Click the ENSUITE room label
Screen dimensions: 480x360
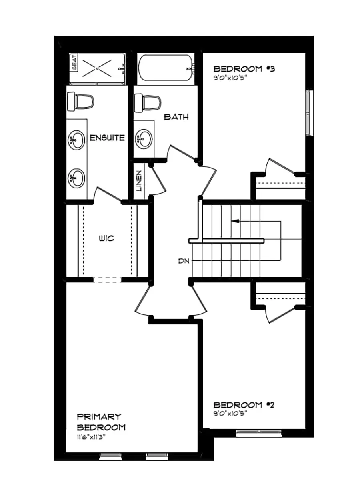click(107, 138)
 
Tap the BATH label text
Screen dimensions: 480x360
click(176, 117)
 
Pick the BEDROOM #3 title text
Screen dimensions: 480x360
click(244, 69)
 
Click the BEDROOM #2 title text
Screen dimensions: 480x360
click(244, 405)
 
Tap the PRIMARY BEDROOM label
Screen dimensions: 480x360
click(101, 422)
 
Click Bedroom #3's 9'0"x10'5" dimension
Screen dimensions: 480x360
click(229, 78)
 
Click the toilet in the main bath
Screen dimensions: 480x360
click(148, 102)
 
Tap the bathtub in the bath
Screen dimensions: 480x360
click(166, 69)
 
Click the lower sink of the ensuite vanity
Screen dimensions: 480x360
click(76, 177)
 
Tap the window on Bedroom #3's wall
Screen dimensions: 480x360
click(308, 114)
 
